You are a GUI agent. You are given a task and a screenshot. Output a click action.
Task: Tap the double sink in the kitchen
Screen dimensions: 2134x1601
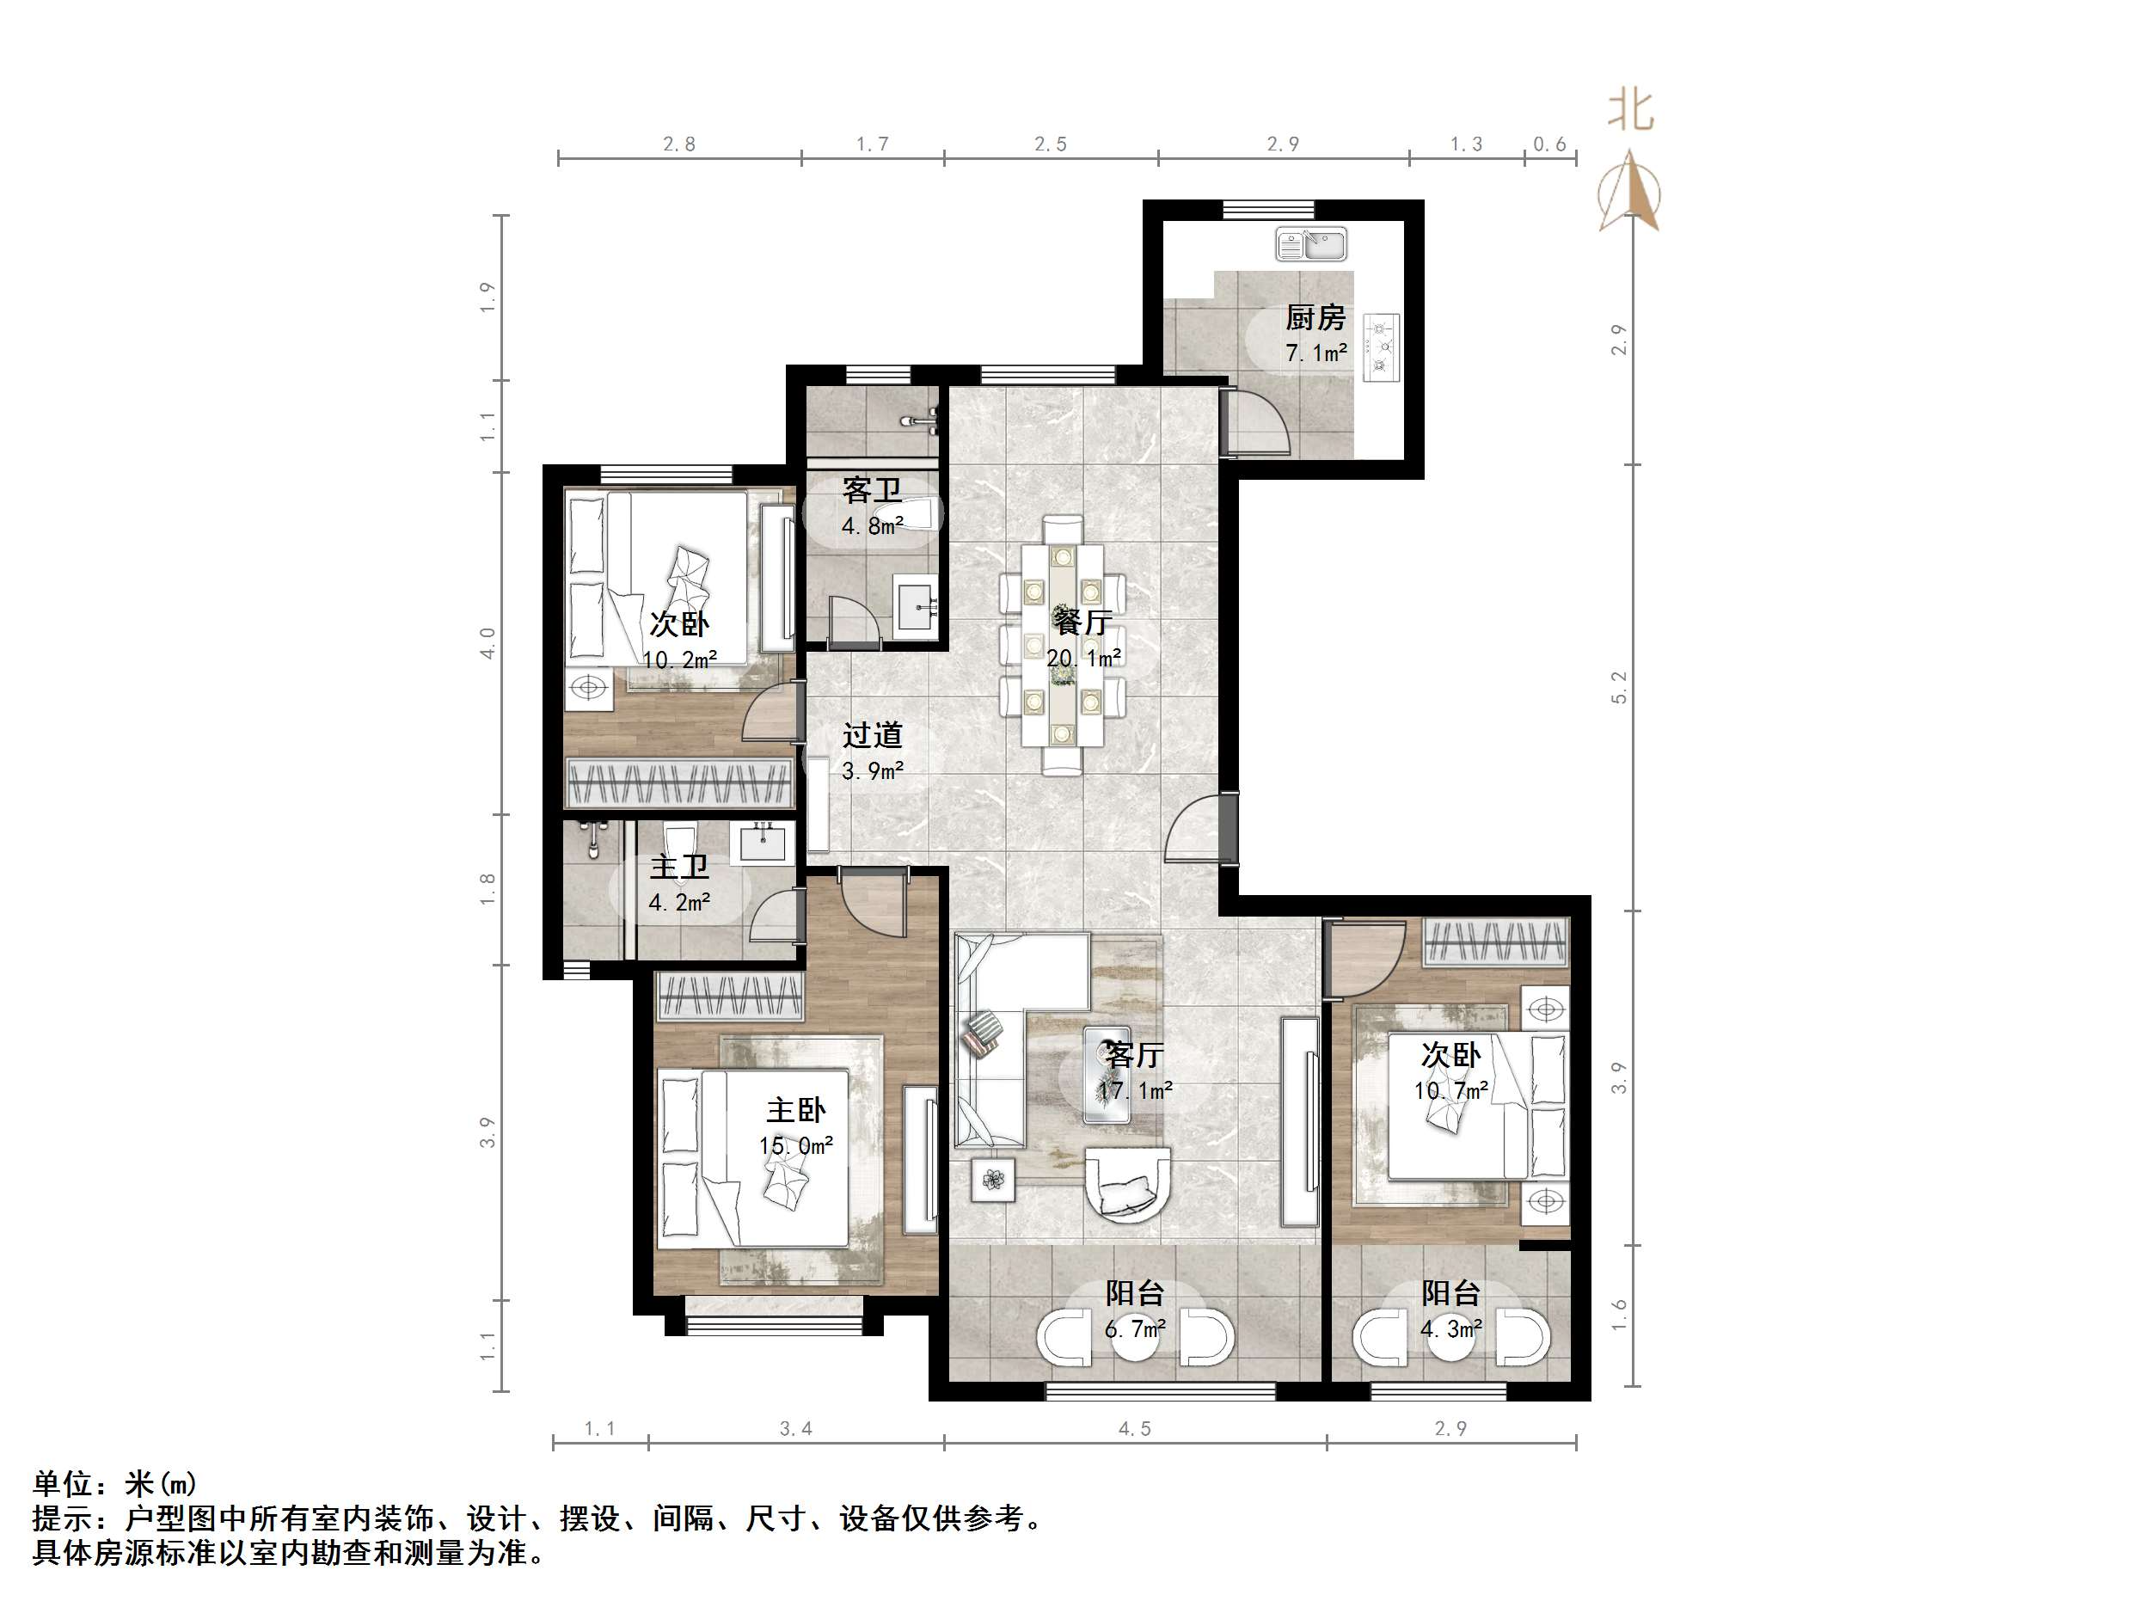(1311, 243)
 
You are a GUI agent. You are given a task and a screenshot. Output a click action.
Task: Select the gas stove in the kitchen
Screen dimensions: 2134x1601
(1383, 347)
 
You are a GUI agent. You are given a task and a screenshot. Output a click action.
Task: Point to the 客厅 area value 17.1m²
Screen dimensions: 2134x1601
(1135, 1090)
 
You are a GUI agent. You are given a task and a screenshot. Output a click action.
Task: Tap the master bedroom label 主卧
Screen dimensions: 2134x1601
(796, 1110)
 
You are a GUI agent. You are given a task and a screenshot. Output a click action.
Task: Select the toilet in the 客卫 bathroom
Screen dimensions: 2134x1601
(922, 513)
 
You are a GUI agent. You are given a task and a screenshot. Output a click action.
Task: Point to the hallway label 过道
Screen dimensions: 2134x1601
(872, 734)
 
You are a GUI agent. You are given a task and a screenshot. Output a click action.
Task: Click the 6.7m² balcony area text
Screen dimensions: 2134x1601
(1135, 1328)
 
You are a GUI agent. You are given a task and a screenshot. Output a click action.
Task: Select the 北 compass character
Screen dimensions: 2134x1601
(1630, 110)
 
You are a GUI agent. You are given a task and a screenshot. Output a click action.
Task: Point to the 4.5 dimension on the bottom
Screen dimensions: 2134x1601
(1135, 1428)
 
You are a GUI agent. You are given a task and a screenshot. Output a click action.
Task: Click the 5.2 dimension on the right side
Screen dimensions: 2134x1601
(1619, 687)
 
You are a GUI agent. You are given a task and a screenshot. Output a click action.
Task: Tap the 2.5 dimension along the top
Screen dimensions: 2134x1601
(1051, 144)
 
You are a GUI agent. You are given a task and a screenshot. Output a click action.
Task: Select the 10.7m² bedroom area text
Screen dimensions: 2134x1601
(1451, 1090)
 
